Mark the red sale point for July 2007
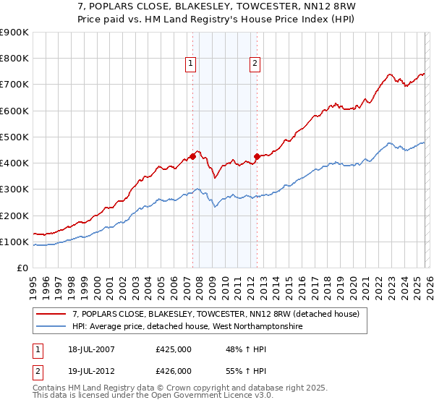pyautogui.click(x=193, y=155)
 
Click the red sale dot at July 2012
pyautogui.click(x=257, y=155)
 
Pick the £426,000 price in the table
pyautogui.click(x=174, y=371)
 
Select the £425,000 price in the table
pyautogui.click(x=174, y=349)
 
